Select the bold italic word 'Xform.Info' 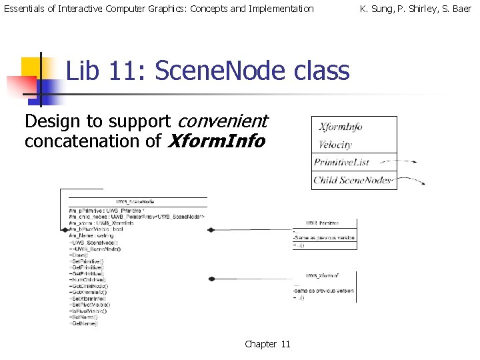(x=217, y=141)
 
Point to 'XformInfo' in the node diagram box (x=340, y=127)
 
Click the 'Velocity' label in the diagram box (x=335, y=145)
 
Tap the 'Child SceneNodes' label (x=353, y=180)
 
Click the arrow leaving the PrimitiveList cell (x=407, y=161)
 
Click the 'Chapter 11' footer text (x=267, y=344)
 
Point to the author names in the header (x=415, y=9)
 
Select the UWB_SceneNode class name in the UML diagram (x=135, y=201)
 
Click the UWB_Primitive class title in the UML (x=322, y=223)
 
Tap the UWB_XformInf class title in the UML (x=323, y=275)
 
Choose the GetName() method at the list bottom (x=84, y=324)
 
